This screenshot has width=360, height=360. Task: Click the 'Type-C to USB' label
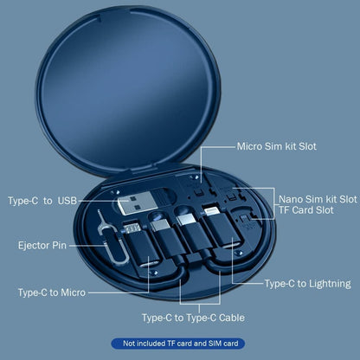point(42,202)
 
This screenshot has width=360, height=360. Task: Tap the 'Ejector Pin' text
point(41,246)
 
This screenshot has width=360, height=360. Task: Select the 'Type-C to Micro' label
point(51,292)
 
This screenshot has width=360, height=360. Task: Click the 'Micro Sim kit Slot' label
point(277,146)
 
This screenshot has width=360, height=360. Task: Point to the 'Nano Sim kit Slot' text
point(318,199)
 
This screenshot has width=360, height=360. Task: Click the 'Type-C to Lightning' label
point(307,283)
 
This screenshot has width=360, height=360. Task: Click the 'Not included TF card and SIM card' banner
point(180,344)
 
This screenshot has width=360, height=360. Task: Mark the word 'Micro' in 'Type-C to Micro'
point(71,292)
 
